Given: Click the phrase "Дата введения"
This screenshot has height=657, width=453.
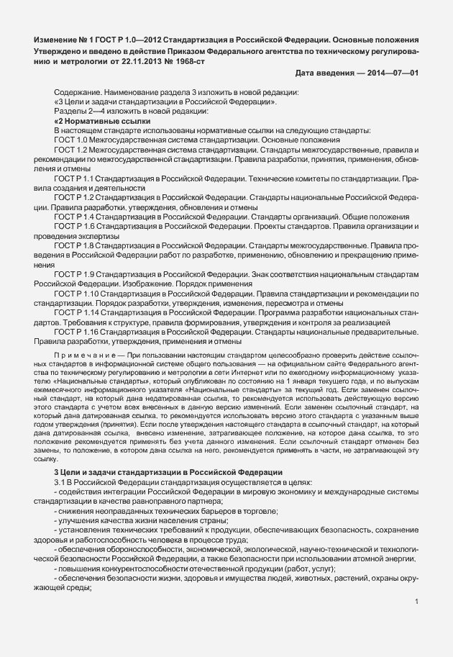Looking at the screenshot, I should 323,74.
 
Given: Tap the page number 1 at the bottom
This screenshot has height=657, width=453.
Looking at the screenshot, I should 418,602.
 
